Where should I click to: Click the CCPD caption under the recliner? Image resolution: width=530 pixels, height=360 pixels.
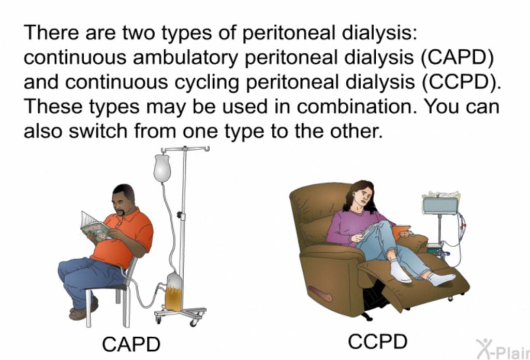tap(377, 341)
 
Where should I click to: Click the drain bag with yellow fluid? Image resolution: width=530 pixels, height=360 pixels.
tap(174, 294)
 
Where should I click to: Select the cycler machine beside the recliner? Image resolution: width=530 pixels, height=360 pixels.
tap(440, 205)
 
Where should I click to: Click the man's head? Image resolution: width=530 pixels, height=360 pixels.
tap(124, 199)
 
